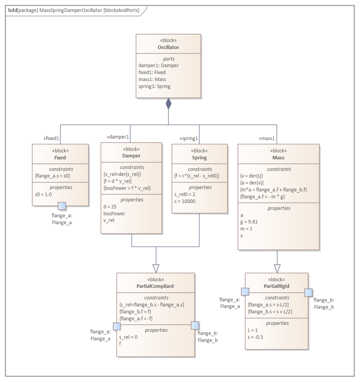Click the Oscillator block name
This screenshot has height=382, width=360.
[168, 47]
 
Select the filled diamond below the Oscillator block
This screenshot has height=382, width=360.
[168, 104]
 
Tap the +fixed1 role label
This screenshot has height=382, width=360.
[51, 138]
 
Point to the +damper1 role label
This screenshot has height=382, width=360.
[118, 137]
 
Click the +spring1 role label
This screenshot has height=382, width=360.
[189, 138]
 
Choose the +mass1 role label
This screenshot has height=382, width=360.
[267, 138]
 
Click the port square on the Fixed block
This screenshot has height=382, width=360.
[62, 206]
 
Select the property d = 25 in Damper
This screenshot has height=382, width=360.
[110, 206]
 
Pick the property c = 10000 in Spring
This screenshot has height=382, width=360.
[185, 201]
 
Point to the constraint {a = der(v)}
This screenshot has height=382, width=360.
[252, 183]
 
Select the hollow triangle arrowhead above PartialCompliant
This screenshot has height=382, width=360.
[156, 268]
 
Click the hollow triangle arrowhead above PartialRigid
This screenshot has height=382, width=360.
[277, 268]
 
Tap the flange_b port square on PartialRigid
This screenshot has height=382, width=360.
[308, 292]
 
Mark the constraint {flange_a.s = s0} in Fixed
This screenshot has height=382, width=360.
[52, 176]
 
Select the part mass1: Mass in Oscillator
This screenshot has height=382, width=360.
[152, 79]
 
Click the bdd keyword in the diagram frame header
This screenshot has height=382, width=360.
[12, 10]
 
